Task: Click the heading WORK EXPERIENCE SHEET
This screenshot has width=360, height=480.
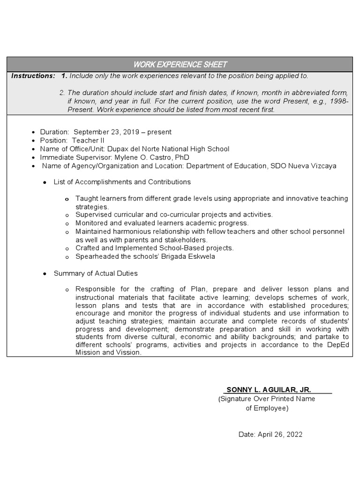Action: (x=180, y=64)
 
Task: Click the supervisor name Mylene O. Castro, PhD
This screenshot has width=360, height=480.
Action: (x=151, y=157)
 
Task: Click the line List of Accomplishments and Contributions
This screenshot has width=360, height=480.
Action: (x=122, y=182)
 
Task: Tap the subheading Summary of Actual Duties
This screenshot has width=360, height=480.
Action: (x=96, y=273)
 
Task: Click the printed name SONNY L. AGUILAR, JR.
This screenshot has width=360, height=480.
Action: (x=269, y=390)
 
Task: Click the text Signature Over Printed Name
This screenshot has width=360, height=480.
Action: (x=267, y=399)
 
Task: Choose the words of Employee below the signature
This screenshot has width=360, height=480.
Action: (x=267, y=408)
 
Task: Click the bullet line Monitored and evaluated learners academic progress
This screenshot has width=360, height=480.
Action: (x=162, y=223)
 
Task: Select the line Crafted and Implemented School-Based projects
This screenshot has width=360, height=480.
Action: (x=154, y=248)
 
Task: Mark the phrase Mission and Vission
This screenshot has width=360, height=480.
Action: (x=108, y=352)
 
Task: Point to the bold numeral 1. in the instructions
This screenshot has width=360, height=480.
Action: (x=64, y=76)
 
